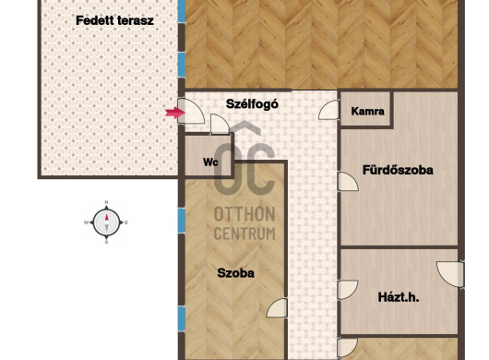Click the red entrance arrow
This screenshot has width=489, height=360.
point(175,113)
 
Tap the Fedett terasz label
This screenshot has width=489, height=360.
point(114,20)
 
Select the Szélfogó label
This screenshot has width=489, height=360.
point(252,104)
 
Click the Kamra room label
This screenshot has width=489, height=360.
point(367,111)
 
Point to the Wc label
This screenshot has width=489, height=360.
point(210,162)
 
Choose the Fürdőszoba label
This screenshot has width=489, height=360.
point(398,170)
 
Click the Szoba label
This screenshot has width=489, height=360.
point(235,273)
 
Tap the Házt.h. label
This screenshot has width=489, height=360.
point(399,297)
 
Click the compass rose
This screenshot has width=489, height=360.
point(106,222)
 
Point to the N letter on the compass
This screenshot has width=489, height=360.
point(106,202)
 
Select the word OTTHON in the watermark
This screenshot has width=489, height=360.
point(244,214)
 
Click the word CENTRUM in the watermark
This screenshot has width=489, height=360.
point(244,234)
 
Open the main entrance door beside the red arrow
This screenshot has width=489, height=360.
point(191,112)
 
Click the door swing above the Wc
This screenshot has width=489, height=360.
point(220,125)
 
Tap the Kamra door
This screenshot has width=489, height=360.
point(328,110)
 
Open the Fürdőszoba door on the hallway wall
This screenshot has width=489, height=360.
point(348,181)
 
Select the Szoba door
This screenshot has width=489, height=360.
point(277,308)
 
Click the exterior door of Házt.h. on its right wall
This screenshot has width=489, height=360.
point(450,274)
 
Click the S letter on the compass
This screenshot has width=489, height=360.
point(106,242)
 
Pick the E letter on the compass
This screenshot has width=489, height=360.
point(126,222)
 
